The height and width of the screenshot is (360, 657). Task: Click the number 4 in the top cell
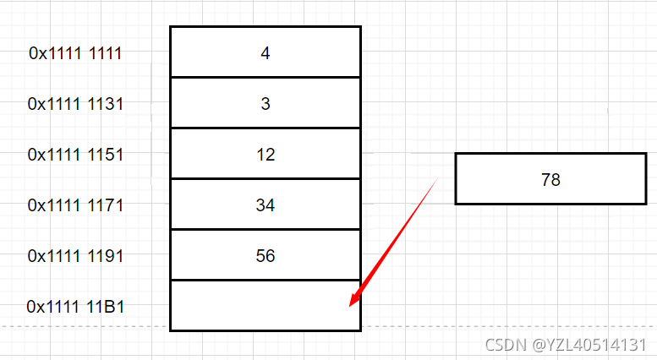pos(265,52)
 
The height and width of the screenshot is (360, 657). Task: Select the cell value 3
pos(265,103)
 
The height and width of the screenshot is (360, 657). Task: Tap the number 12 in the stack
pos(265,155)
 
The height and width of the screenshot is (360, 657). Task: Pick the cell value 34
pos(265,205)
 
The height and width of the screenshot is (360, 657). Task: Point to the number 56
pos(265,256)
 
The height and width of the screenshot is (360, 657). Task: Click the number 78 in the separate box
pos(550,179)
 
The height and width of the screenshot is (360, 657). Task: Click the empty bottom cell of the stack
pos(265,305)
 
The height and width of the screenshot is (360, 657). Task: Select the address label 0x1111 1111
pos(75,53)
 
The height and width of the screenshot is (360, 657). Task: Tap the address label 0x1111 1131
pos(75,104)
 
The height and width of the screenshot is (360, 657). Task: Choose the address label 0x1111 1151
pos(75,155)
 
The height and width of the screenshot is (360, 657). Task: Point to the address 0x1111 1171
pos(75,205)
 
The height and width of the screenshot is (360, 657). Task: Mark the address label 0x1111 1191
pos(75,256)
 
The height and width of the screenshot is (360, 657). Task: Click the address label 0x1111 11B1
pos(75,306)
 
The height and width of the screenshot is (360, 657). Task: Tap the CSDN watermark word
pos(503,345)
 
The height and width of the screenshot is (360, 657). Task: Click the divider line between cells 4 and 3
pos(265,78)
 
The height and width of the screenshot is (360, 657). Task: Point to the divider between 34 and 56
pos(265,230)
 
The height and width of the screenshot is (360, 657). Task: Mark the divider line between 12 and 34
pos(265,179)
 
